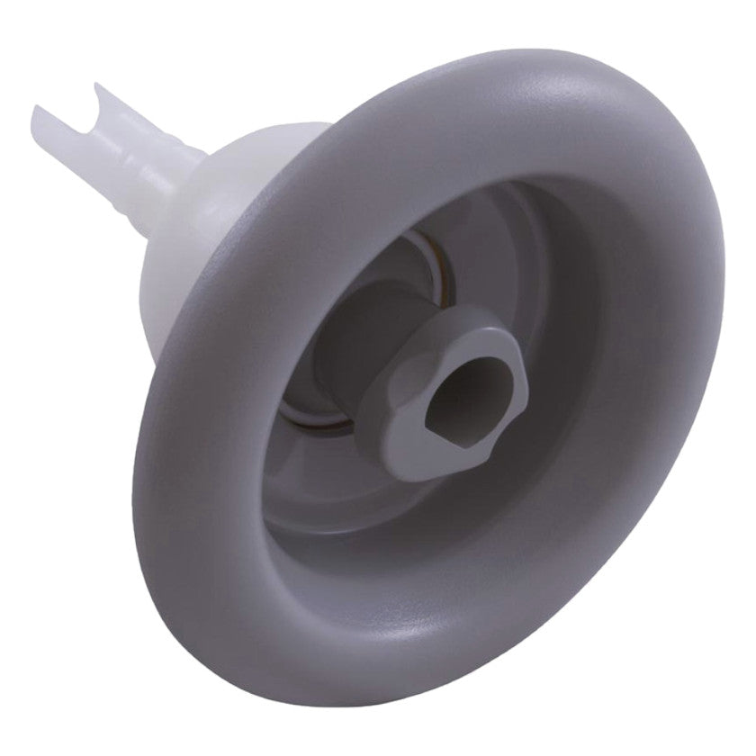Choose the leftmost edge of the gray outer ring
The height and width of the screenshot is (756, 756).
click(x=158, y=450)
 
